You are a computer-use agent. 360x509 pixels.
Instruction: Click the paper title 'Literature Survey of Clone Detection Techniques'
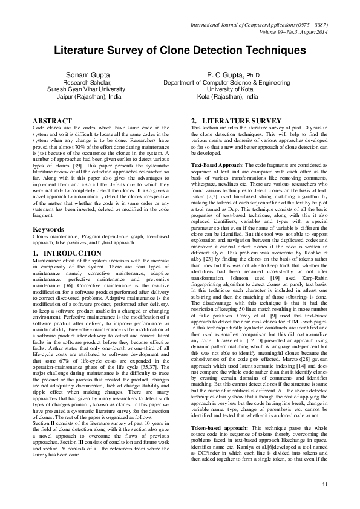pyautogui.click(x=180, y=51)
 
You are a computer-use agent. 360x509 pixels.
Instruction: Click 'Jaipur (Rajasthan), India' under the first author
pyautogui.click(x=90, y=96)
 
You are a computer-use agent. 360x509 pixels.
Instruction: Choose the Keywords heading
pyautogui.click(x=48, y=213)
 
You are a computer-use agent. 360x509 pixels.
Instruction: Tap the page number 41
pyautogui.click(x=324, y=484)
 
